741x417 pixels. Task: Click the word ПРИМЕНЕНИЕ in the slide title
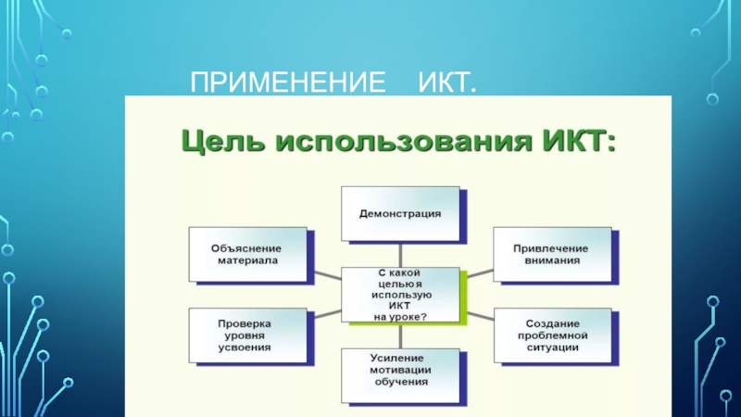(288, 87)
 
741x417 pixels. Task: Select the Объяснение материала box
(247, 254)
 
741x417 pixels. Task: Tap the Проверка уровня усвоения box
(247, 336)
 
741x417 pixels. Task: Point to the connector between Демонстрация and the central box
(400, 253)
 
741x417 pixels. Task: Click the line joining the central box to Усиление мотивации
(400, 335)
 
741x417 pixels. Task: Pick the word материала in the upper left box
(247, 260)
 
